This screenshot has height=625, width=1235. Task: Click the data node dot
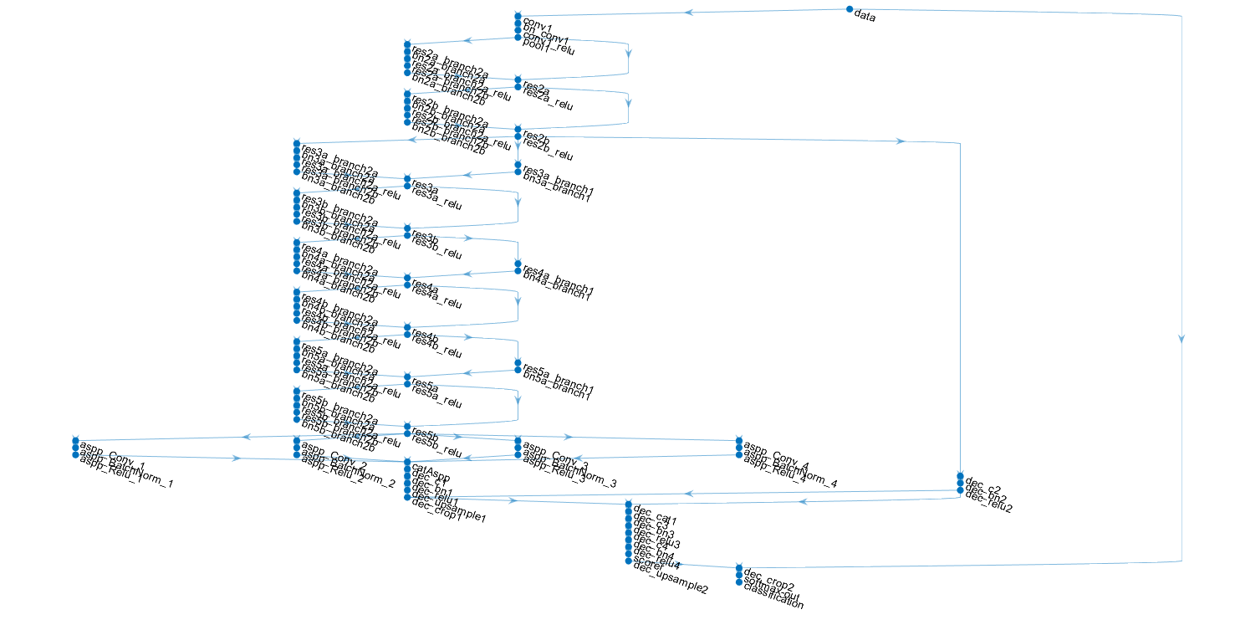850,9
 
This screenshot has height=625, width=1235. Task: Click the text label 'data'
865,17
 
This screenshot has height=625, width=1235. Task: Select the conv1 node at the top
518,16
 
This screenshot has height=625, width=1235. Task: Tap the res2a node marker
518,79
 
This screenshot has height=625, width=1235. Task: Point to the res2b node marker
518,128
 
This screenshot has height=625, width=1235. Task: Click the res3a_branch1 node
518,165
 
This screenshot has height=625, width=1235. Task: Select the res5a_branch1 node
518,362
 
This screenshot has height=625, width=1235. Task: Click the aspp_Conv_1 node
75,440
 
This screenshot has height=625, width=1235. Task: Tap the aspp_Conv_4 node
739,440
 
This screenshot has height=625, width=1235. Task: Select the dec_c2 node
960,475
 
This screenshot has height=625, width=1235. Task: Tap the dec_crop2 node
739,567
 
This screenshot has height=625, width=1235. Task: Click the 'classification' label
773,598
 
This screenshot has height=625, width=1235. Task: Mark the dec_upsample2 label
671,583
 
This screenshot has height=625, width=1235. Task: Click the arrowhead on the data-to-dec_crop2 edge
1181,339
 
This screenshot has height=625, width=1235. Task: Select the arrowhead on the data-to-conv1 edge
688,13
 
